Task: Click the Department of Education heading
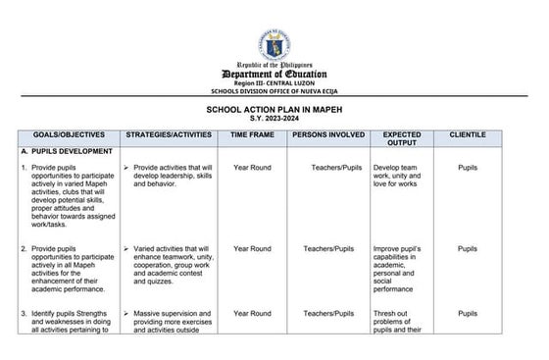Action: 274,75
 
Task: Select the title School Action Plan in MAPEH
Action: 274,111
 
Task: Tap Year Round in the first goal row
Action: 252,168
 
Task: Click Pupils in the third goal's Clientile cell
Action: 468,313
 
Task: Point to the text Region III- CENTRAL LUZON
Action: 274,85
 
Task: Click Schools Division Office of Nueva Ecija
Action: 274,92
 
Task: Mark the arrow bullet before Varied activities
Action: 127,249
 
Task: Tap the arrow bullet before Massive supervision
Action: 127,313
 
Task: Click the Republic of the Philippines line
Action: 274,65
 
